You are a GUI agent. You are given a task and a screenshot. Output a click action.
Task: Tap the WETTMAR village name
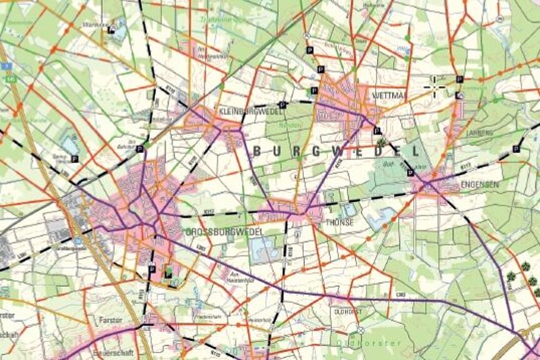click(x=389, y=95)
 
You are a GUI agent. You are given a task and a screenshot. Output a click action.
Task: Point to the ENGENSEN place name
click(x=479, y=185)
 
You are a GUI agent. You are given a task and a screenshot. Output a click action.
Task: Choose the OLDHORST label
click(x=349, y=311)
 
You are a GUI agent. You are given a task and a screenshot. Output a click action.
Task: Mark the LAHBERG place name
click(x=479, y=133)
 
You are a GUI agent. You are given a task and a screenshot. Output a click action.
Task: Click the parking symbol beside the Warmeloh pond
click(x=111, y=29)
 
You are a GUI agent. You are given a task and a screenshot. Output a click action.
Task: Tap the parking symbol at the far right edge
click(x=516, y=149)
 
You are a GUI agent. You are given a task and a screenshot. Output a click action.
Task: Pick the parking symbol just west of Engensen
click(x=409, y=172)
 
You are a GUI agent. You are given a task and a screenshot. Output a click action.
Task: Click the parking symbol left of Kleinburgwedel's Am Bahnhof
click(x=140, y=149)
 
